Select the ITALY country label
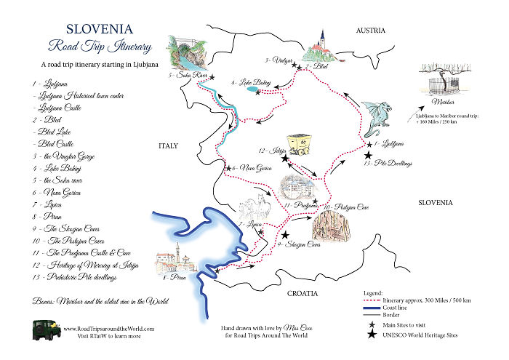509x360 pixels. coord(168,146)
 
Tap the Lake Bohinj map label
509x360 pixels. coord(250,83)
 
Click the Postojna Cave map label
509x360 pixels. coord(346,207)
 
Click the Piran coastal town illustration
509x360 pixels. coord(174,260)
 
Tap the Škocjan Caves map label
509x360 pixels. coord(299,245)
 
